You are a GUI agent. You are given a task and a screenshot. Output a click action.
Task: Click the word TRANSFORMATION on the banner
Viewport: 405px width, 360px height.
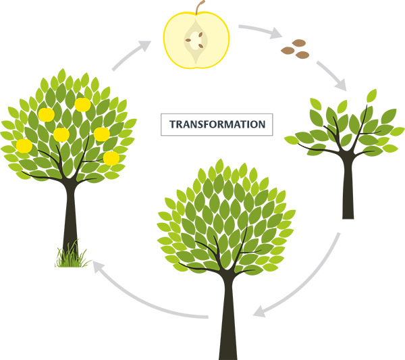217,124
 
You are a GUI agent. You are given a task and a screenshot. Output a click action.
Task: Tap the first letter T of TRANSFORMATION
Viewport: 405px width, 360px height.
169,124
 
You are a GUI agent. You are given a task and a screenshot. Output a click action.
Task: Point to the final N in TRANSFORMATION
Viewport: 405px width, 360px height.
264,124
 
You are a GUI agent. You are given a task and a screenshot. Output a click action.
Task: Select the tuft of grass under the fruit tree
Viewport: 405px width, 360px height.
70,255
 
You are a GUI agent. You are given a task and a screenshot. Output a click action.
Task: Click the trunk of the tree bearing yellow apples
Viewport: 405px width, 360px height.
68,203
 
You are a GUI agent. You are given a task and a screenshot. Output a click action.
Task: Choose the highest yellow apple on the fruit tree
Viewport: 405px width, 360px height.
82,105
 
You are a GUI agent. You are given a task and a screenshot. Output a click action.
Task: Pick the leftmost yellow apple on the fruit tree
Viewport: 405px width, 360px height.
24,145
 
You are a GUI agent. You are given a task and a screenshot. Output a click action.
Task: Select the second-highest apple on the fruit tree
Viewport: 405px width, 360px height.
46,115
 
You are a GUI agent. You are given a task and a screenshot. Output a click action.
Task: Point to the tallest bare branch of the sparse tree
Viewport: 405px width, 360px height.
364,111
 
